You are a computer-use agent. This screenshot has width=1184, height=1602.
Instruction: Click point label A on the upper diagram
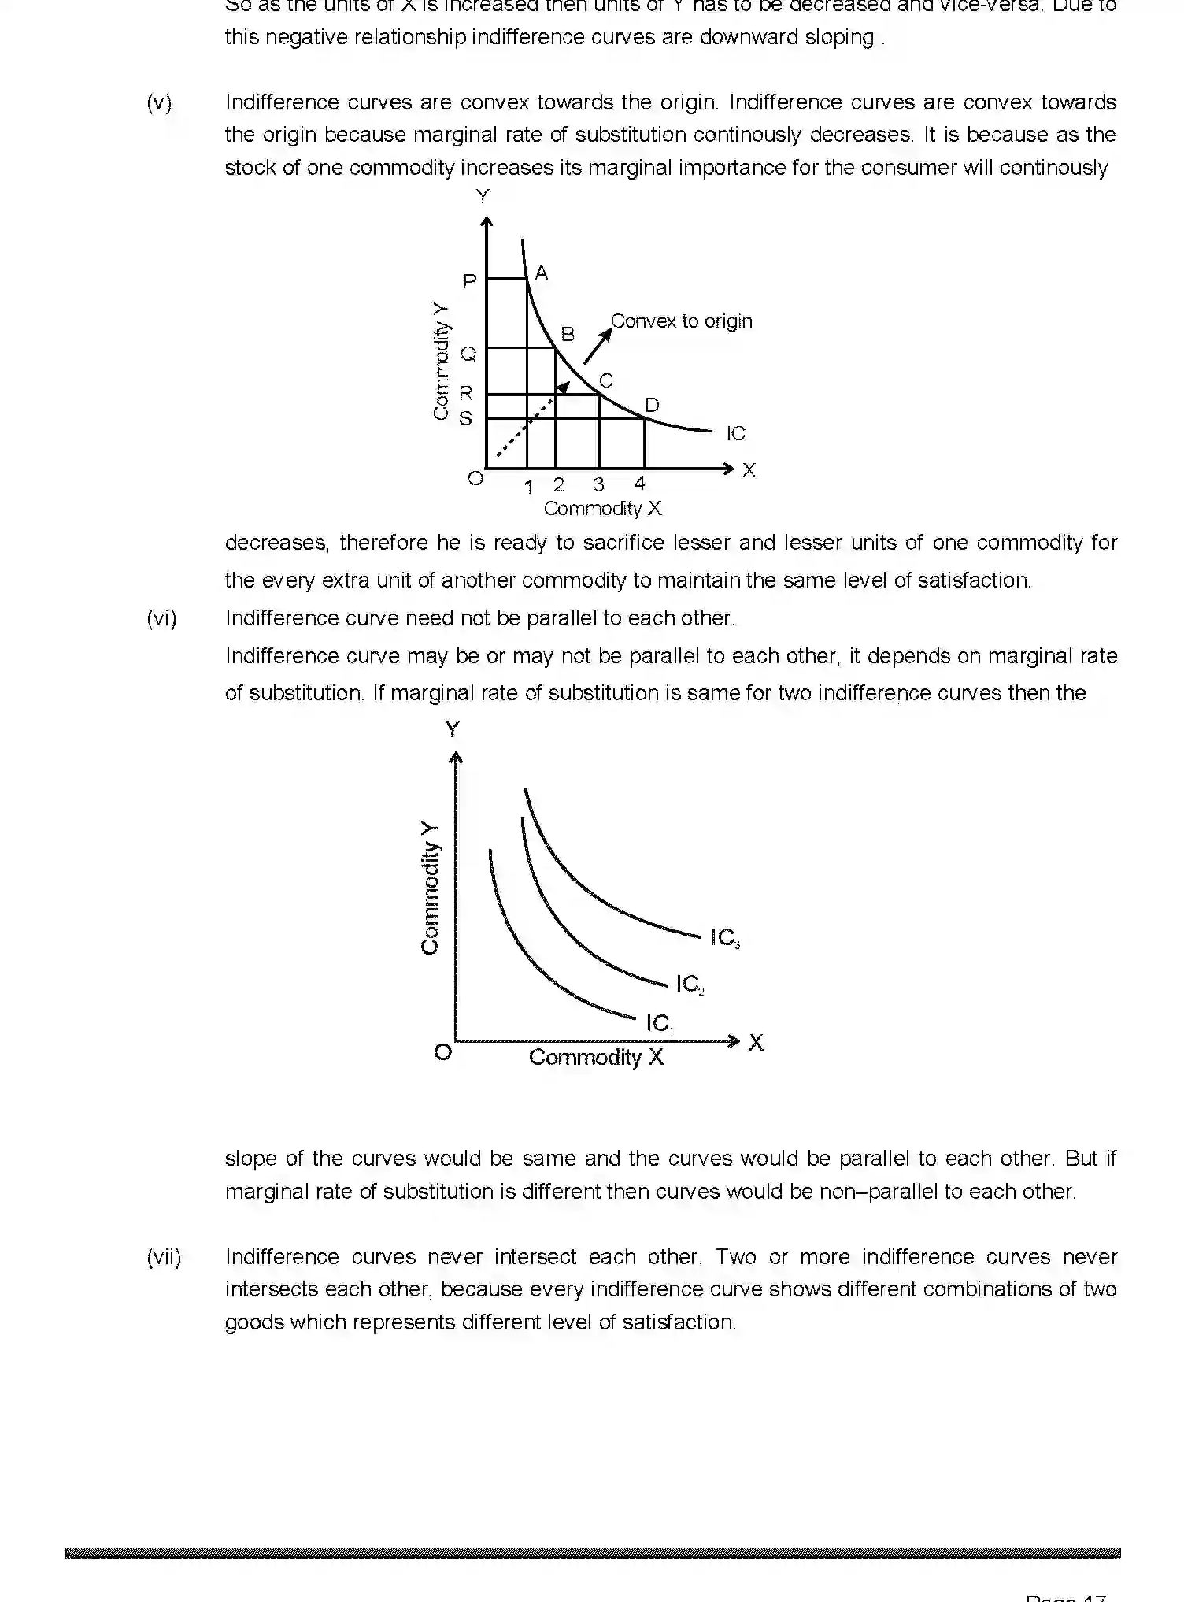click(x=541, y=273)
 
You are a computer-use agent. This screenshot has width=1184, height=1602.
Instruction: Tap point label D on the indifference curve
click(x=652, y=405)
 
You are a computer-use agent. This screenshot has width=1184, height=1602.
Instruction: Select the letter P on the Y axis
click(x=469, y=281)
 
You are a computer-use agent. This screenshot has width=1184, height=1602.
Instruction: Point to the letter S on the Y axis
click(x=466, y=418)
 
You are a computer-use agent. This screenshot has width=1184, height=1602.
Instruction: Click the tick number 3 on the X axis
click(x=598, y=484)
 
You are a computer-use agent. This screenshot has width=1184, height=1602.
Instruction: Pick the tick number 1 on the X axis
click(x=528, y=487)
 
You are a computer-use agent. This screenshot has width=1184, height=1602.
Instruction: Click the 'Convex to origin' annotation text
click(x=681, y=321)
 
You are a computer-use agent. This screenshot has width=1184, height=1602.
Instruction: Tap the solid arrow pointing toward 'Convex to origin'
click(x=598, y=345)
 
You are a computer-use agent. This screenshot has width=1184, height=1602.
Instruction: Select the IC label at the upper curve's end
click(x=735, y=433)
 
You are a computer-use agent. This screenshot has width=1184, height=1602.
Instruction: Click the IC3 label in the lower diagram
click(x=724, y=937)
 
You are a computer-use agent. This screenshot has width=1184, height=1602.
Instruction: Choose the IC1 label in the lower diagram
click(x=659, y=1023)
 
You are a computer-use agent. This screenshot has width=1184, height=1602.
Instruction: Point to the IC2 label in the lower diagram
click(x=690, y=984)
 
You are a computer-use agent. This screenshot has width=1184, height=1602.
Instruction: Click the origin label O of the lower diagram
click(x=443, y=1052)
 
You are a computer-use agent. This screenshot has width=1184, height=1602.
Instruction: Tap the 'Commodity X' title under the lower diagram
click(x=596, y=1057)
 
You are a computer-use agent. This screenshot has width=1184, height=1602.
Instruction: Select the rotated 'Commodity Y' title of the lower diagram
click(x=429, y=887)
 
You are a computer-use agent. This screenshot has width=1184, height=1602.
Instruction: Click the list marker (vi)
click(x=161, y=618)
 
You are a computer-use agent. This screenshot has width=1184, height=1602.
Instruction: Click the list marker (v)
click(x=159, y=102)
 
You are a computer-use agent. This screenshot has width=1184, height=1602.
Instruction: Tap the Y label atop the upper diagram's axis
click(x=483, y=196)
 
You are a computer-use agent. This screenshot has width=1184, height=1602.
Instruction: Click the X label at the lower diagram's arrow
click(x=756, y=1042)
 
